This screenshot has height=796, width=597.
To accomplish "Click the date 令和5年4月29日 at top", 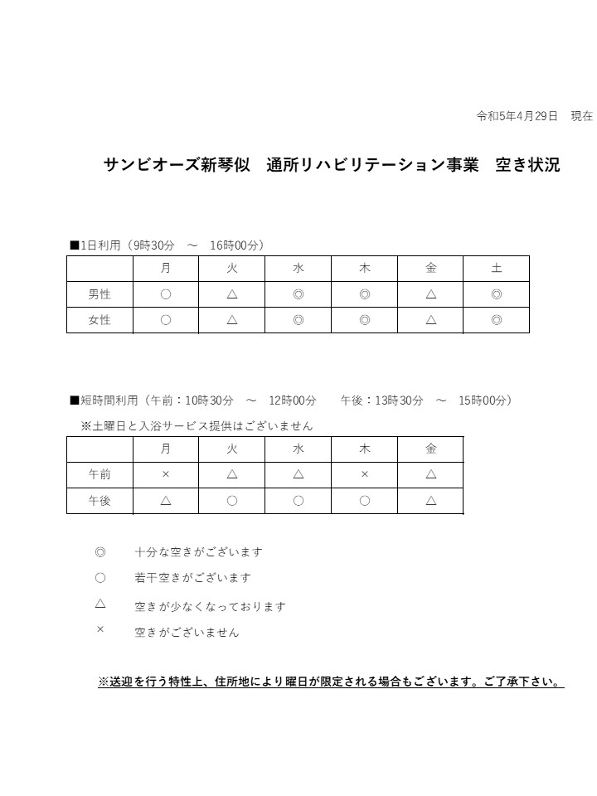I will tap(517, 116).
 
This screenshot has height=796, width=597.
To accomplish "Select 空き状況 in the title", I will tap(527, 165).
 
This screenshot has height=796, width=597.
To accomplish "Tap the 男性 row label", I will tap(99, 294).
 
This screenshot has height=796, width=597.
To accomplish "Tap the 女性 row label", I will tap(99, 320).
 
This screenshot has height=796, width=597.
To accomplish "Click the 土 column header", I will tap(497, 269).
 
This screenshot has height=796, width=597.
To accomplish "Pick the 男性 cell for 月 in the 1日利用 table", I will tap(166, 294).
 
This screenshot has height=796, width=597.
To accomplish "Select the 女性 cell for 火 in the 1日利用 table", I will tap(232, 320).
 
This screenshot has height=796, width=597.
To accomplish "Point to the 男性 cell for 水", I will tap(298, 294).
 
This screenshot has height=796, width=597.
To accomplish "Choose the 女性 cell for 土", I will tap(497, 320).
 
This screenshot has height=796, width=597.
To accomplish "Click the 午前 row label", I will tap(99, 475).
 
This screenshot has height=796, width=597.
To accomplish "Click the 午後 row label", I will tap(99, 501).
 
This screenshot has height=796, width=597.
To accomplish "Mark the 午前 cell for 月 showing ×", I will tap(166, 475).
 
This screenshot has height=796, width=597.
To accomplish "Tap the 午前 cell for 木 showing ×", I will tap(365, 475).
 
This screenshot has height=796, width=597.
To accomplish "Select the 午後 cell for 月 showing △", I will tap(166, 501).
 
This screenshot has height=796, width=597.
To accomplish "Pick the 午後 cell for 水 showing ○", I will tap(298, 501).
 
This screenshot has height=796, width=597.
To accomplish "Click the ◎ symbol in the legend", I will tap(100, 552).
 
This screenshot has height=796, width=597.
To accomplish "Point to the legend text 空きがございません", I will tap(187, 633).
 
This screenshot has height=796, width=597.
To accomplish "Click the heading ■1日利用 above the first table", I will tap(95, 245).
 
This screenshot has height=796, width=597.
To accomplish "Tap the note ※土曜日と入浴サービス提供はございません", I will tap(197, 426).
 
